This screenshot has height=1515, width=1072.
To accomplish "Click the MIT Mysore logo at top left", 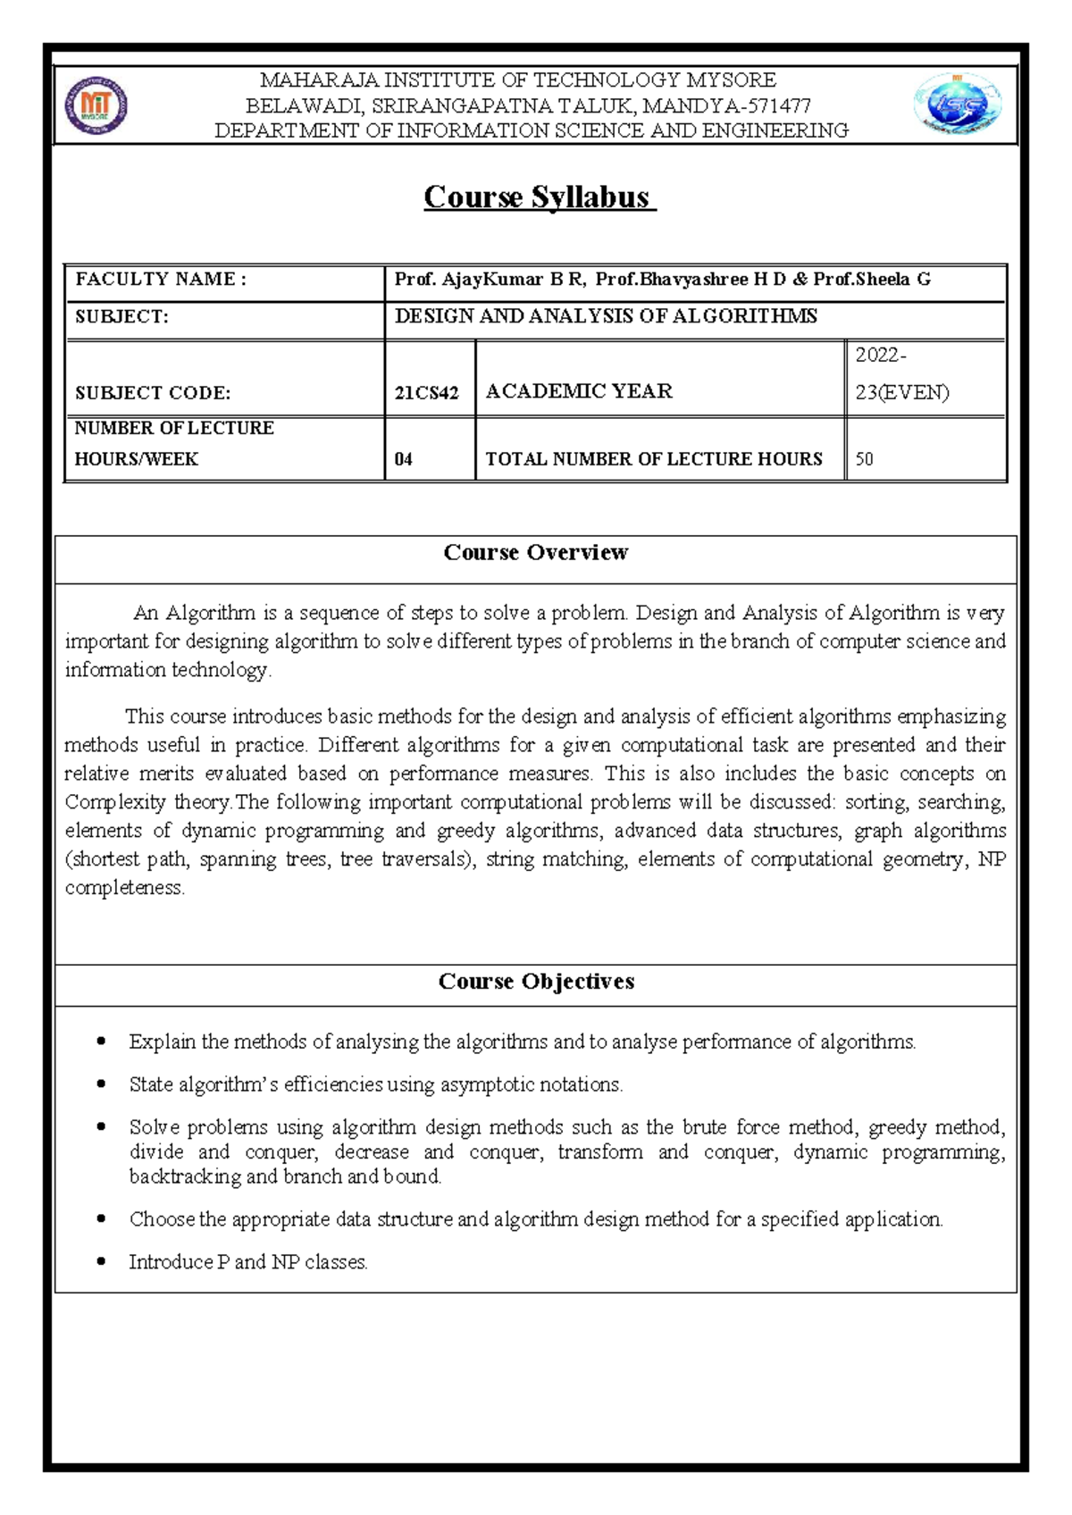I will [96, 105].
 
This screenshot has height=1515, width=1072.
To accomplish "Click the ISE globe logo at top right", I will [957, 105].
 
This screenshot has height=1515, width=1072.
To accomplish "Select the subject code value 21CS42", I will [426, 393].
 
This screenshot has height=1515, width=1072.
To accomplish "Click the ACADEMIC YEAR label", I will [579, 391].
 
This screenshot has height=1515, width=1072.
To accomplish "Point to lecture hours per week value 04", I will [404, 459].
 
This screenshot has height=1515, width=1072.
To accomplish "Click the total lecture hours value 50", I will [865, 459].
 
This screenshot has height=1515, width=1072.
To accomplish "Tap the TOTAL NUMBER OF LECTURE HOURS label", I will [653, 459].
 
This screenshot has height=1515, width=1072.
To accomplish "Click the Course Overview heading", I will [536, 553].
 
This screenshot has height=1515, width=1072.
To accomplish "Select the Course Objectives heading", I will [536, 982].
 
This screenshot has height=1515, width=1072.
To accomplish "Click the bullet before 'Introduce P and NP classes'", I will [101, 1262].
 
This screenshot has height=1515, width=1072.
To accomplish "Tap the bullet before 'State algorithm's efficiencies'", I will [101, 1084].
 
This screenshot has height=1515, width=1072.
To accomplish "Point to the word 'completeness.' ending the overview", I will [124, 888].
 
